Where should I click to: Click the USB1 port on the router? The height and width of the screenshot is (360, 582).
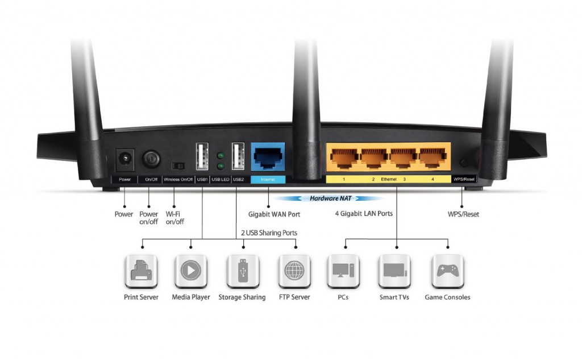pyautogui.click(x=202, y=156)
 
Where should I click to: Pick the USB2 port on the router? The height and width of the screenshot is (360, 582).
pyautogui.click(x=238, y=156)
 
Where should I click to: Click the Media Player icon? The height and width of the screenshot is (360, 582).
pyautogui.click(x=190, y=271)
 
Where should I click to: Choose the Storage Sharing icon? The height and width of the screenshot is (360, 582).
pyautogui.click(x=243, y=271)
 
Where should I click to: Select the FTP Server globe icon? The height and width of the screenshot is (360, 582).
pyautogui.click(x=294, y=271)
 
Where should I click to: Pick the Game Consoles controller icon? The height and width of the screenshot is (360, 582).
pyautogui.click(x=447, y=271)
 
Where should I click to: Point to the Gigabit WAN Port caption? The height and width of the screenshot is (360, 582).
pyautogui.click(x=274, y=214)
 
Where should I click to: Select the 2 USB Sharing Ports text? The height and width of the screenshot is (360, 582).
pyautogui.click(x=269, y=233)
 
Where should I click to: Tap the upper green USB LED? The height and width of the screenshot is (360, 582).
pyautogui.click(x=221, y=155)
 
